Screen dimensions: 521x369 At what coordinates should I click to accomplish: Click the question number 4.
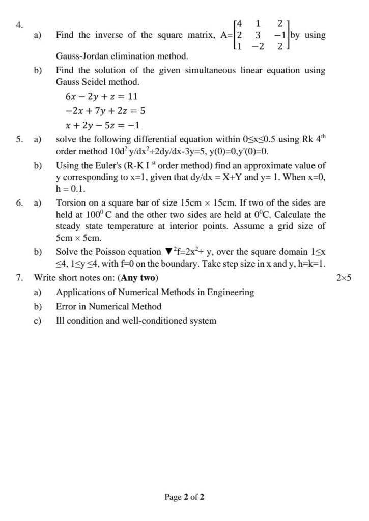(x=19, y=25)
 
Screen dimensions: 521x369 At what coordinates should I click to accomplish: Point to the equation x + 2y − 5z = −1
(x=103, y=125)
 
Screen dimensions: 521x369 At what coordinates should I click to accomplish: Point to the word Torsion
(x=71, y=203)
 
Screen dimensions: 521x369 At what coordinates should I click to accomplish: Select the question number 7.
(x=19, y=278)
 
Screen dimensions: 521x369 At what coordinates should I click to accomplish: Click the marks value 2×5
(x=344, y=278)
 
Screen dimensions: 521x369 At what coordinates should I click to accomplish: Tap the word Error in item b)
(x=66, y=306)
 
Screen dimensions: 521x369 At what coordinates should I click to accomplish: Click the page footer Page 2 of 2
(x=184, y=497)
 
